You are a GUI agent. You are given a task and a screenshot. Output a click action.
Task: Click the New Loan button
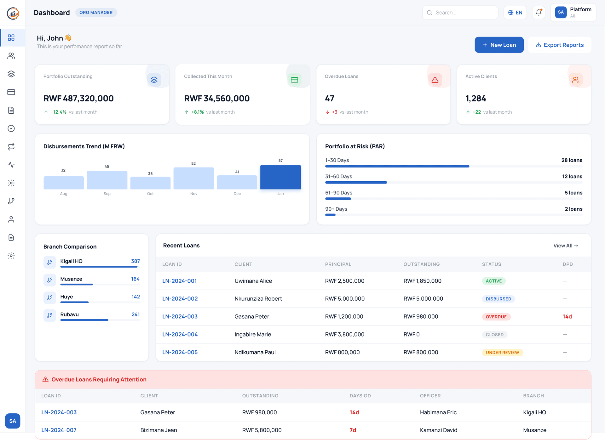(x=499, y=45)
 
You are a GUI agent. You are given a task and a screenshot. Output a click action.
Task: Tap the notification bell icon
(x=539, y=13)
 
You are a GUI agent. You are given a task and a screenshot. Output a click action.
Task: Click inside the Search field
(x=463, y=13)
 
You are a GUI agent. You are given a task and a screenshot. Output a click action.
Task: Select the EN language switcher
(x=515, y=13)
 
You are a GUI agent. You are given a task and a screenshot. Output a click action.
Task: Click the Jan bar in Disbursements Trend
(x=280, y=177)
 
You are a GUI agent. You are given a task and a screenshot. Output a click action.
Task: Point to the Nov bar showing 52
(x=194, y=178)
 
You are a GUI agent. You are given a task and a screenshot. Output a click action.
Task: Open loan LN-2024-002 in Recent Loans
(x=180, y=299)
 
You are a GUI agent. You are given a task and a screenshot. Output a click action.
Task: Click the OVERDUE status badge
(x=496, y=317)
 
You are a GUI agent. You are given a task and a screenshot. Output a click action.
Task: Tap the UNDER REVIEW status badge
(x=502, y=353)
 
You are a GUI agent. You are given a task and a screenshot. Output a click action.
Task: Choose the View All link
(x=566, y=246)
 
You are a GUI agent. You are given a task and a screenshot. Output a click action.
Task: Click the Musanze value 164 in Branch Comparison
(x=135, y=279)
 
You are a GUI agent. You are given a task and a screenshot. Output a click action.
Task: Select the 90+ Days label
(x=336, y=209)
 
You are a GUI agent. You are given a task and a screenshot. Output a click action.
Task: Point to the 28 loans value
(x=572, y=160)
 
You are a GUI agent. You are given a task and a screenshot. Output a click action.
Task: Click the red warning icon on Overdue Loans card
(x=435, y=80)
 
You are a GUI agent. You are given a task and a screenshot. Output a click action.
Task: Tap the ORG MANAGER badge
(x=96, y=13)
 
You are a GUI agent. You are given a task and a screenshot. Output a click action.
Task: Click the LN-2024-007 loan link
(x=59, y=430)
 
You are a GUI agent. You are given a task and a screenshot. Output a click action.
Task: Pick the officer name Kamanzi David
(x=438, y=430)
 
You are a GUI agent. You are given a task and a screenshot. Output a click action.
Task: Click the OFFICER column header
(x=430, y=396)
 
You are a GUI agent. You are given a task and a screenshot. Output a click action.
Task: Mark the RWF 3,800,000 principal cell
(x=344, y=334)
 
